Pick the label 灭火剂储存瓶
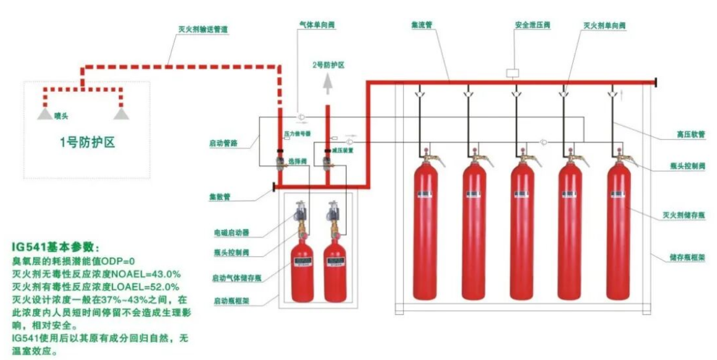tap(682, 215)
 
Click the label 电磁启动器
tap(231, 231)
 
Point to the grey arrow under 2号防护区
tap(327, 83)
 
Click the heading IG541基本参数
tap(55, 247)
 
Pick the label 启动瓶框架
tap(231, 301)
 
